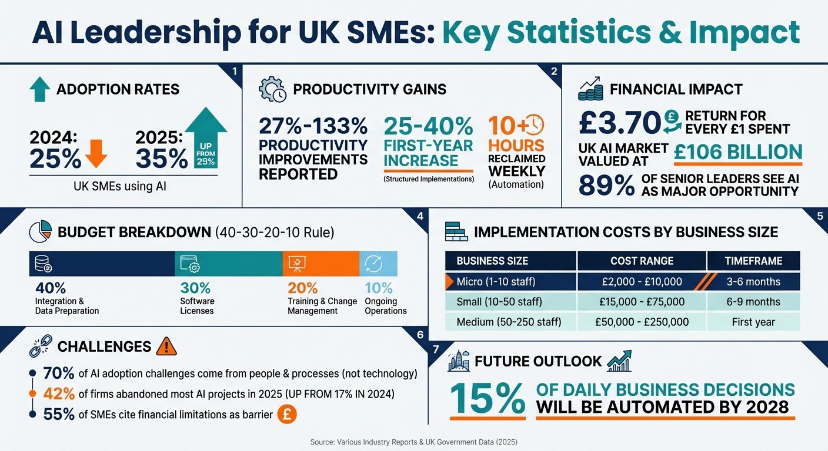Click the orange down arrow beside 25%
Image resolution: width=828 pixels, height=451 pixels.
(x=95, y=154)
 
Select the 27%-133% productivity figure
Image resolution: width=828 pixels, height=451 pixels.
(x=313, y=126)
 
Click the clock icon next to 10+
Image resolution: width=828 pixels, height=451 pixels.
(x=533, y=124)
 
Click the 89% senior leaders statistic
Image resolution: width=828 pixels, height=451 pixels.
(x=606, y=186)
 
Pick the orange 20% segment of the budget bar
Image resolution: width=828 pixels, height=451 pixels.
(x=320, y=264)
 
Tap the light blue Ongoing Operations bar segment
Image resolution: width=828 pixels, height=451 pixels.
(x=378, y=264)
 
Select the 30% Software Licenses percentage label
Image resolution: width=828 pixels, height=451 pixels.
(x=195, y=288)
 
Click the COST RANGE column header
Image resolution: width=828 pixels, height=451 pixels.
(x=642, y=261)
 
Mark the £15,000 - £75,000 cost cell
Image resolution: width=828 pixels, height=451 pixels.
(x=642, y=302)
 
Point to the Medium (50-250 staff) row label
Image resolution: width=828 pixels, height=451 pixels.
(x=509, y=322)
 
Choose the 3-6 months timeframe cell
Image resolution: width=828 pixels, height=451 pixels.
(x=753, y=282)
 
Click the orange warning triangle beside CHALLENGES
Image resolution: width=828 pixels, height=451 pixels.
(x=166, y=346)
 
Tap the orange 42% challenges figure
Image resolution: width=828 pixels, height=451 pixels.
(x=59, y=394)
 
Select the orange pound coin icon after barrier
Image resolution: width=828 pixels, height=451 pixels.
(x=286, y=414)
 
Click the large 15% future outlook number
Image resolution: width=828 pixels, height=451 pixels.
(x=488, y=399)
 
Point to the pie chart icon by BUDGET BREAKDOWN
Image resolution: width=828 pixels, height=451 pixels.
(x=40, y=232)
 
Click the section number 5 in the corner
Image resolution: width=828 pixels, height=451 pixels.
(x=820, y=216)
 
